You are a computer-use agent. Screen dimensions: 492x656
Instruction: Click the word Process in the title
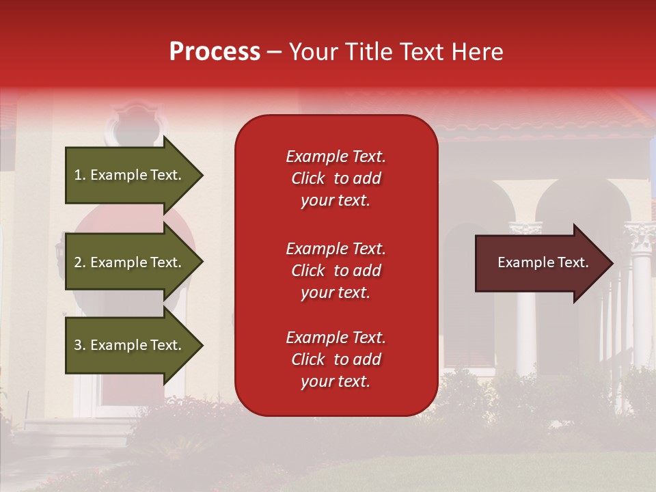pos(215,52)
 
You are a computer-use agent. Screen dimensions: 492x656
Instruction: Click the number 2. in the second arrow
pos(80,262)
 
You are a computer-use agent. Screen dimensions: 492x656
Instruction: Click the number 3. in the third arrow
pos(80,345)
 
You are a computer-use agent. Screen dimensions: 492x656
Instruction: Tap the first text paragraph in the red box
pos(336,178)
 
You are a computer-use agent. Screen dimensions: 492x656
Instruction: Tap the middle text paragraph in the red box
pos(336,271)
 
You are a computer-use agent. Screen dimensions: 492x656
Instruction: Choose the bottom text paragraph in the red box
pos(336,359)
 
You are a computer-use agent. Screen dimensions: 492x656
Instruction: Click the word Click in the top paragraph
pos(307,178)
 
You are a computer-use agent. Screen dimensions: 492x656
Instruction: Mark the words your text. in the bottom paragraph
pos(336,381)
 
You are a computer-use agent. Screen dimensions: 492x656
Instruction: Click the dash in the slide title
pos(274,52)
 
